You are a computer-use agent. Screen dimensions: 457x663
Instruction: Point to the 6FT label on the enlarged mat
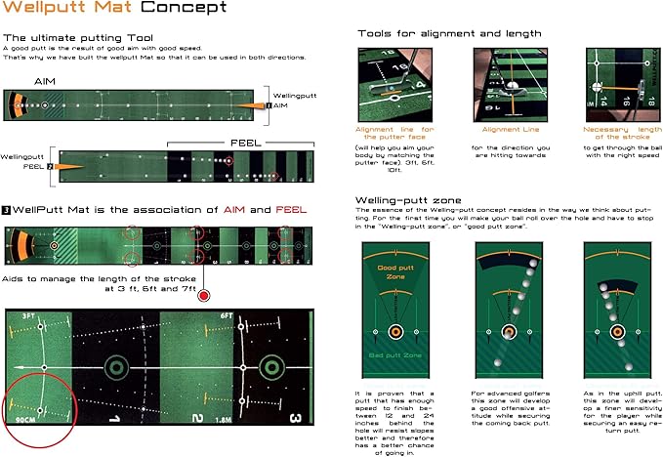pos(226,316)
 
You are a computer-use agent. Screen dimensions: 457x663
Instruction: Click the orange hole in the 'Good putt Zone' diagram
pos(395,331)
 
